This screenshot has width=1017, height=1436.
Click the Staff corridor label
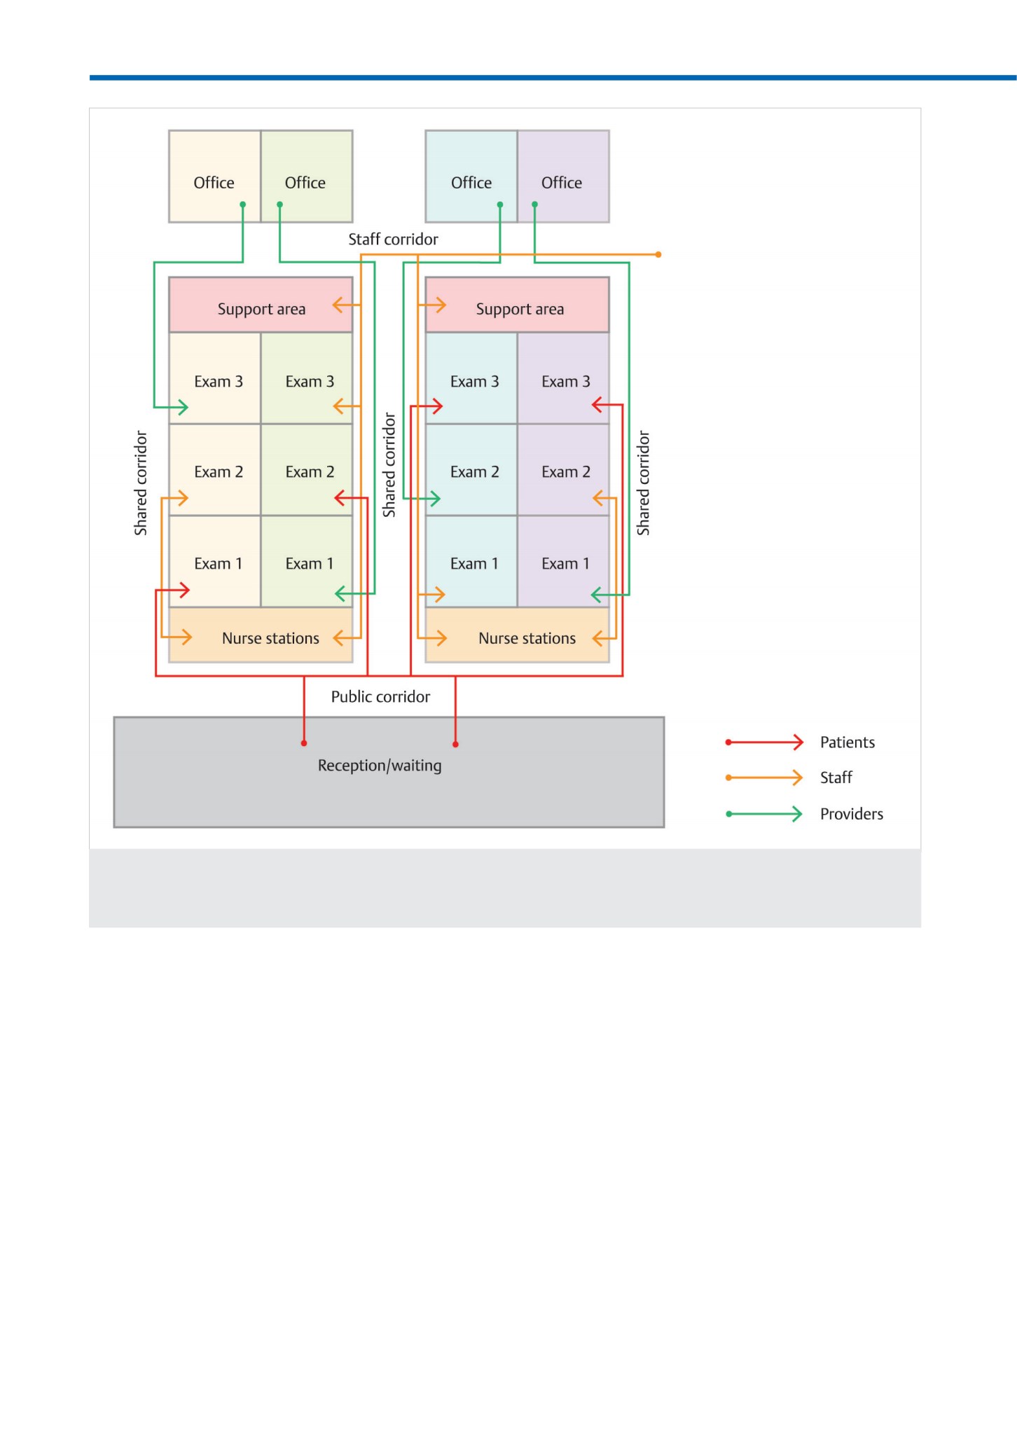click(x=393, y=240)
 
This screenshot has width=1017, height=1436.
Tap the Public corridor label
click(x=380, y=697)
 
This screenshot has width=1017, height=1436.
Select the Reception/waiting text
click(x=380, y=766)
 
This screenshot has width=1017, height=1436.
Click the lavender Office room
click(x=564, y=177)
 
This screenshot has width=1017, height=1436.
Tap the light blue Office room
click(x=471, y=177)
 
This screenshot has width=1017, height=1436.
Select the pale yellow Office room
click(x=215, y=177)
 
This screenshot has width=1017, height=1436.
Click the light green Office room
click(x=307, y=177)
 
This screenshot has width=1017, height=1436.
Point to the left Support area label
click(x=261, y=310)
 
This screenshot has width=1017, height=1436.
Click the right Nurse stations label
click(x=527, y=639)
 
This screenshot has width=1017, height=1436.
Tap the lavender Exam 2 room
click(x=564, y=470)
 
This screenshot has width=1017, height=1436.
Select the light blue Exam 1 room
click(x=471, y=562)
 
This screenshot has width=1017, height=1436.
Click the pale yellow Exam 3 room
click(x=215, y=378)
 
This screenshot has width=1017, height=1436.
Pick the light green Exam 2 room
click(x=307, y=470)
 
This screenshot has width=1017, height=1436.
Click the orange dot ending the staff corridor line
click(x=658, y=254)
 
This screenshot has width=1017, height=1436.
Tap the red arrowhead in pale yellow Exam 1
click(x=184, y=591)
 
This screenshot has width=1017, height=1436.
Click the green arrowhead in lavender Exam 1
click(x=597, y=595)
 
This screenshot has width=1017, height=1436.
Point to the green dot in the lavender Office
click(x=534, y=205)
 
